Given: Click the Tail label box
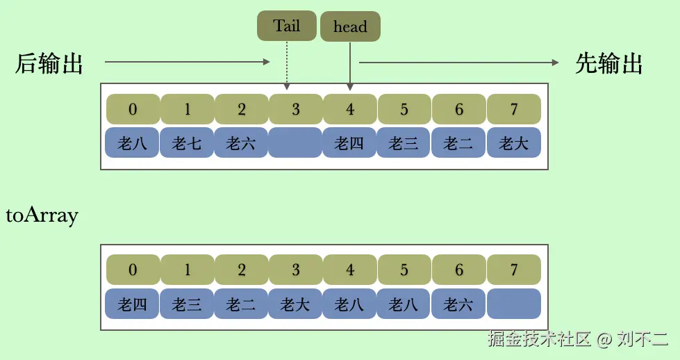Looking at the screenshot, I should pyautogui.click(x=286, y=26).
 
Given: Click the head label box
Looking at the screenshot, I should pyautogui.click(x=350, y=27).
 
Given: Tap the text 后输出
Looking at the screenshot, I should pyautogui.click(x=49, y=64).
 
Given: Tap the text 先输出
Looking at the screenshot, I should pyautogui.click(x=609, y=64).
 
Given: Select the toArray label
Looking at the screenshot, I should pyautogui.click(x=42, y=215).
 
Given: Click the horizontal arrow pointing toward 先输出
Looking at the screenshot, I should pyautogui.click(x=458, y=63).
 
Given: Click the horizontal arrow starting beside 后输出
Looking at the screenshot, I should pyautogui.click(x=188, y=63).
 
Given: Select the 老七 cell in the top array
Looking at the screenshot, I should pyautogui.click(x=187, y=143).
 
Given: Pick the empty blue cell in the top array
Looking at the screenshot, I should pyautogui.click(x=295, y=143).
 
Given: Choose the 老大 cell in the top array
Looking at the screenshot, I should pyautogui.click(x=514, y=143).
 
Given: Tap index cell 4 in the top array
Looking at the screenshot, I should pyautogui.click(x=350, y=109).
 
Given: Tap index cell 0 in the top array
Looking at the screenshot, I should pyautogui.click(x=133, y=109).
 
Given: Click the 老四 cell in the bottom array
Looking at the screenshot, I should pyautogui.click(x=133, y=304).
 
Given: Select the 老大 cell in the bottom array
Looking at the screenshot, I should pyautogui.click(x=295, y=304).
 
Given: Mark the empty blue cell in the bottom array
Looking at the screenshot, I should pyautogui.click(x=514, y=304).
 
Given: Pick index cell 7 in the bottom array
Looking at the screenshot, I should pyautogui.click(x=514, y=270).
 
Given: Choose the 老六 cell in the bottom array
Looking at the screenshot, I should pyautogui.click(x=458, y=304).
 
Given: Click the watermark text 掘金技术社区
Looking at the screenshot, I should pyautogui.click(x=539, y=339).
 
